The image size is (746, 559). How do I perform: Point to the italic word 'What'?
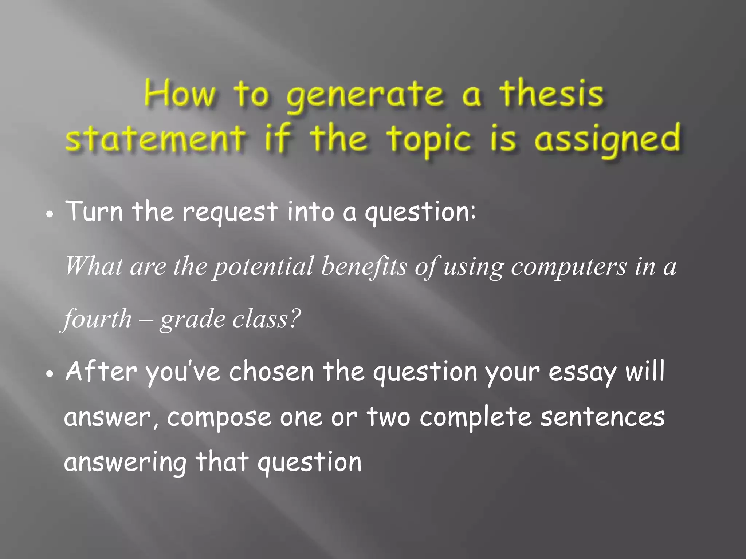click(x=94, y=266)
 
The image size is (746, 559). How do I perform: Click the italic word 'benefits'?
click(x=364, y=266)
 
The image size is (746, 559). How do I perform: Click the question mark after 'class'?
click(x=294, y=318)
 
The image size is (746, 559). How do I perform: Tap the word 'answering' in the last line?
click(x=125, y=463)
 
